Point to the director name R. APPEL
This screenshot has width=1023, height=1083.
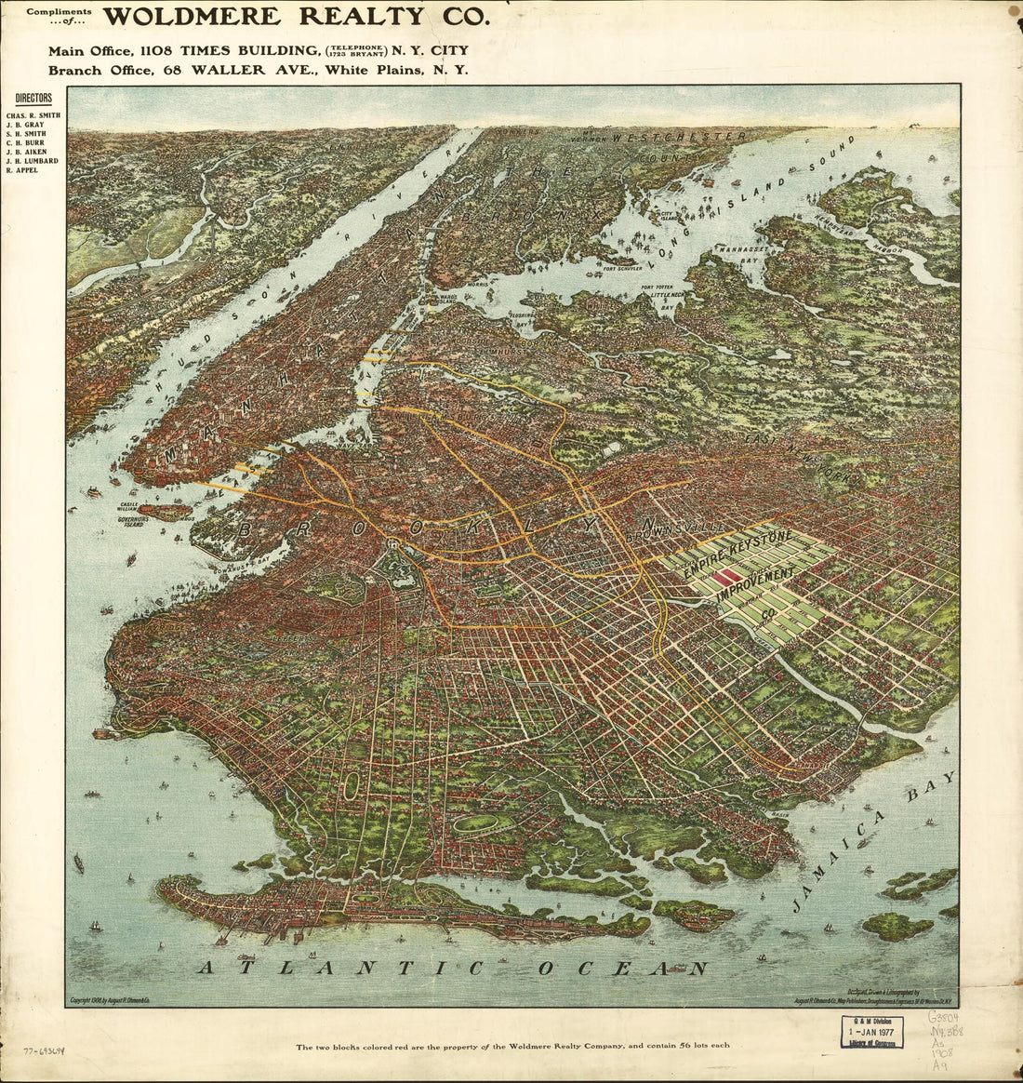(x=22, y=170)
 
